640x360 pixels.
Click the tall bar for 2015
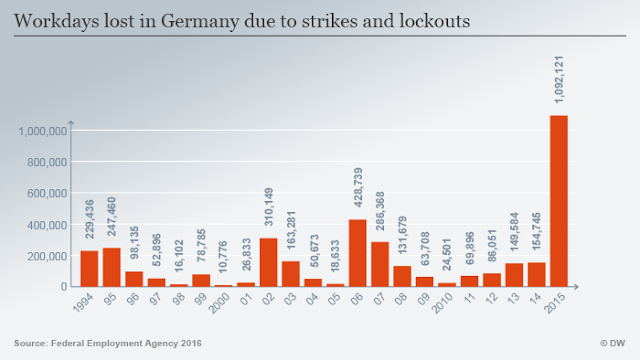559,201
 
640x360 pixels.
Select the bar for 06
358,253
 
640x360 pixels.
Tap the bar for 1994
89,269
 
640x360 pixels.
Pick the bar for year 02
268,262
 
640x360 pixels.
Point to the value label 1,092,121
559,80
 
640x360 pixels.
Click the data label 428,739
358,187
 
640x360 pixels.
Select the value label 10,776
223,257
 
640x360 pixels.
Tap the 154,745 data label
536,231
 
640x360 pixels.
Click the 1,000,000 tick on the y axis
42,131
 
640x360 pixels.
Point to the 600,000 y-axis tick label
47,193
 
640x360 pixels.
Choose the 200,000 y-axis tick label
47,256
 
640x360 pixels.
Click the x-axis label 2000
219,303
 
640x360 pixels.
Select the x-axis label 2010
443,303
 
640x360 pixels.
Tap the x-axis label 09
423,299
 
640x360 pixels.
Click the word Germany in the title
200,22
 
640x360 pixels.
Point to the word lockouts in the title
435,21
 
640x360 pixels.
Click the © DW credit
613,343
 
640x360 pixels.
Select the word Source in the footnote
30,343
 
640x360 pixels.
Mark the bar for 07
380,264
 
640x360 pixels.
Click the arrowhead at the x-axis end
576,287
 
